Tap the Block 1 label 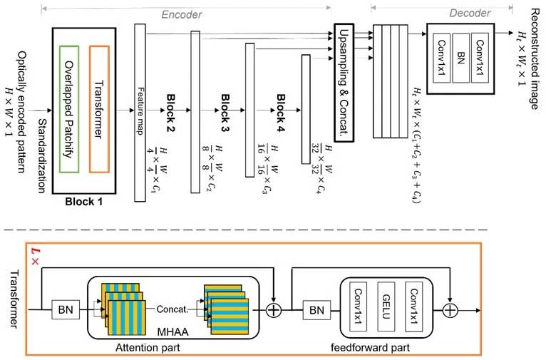click(84, 202)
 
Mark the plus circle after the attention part click(273, 311)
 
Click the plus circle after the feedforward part click(450, 311)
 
